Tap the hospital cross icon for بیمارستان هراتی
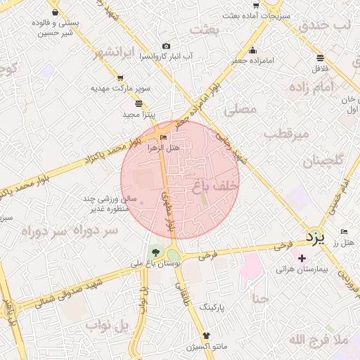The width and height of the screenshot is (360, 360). click(302, 259)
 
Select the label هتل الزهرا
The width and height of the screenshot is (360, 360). click(163, 148)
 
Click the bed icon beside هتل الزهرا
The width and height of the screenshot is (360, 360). click(164, 137)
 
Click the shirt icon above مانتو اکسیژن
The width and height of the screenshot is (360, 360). click(206, 335)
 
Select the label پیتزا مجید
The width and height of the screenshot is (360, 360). click(139, 114)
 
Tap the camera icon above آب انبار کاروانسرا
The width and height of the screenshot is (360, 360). click(166, 46)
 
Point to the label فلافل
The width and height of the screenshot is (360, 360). click(320, 68)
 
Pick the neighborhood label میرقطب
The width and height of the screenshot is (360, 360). click(286, 132)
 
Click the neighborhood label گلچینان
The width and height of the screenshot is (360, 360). click(323, 161)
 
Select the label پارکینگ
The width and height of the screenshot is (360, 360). click(212, 307)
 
